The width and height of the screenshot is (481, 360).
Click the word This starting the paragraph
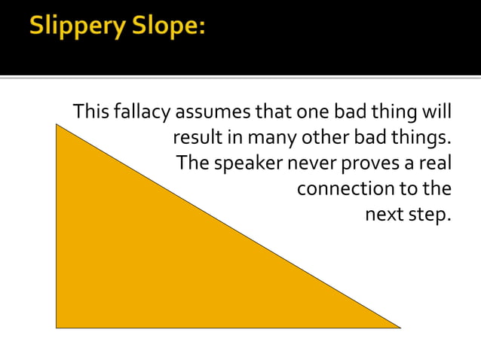[x=91, y=113]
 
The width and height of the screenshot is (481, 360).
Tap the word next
[x=384, y=214]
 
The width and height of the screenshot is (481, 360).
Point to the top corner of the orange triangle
[x=57, y=125]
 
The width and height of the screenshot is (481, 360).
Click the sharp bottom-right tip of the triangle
[x=399, y=327]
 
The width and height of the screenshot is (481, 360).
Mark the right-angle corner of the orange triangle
[x=57, y=327]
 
